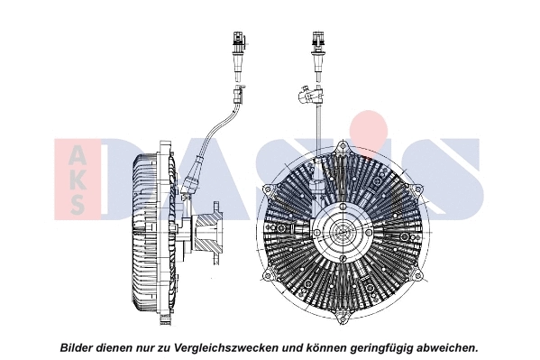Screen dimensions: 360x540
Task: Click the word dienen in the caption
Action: [121, 347]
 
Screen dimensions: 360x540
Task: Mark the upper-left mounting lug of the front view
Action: [269, 189]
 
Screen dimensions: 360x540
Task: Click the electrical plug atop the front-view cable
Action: [318, 41]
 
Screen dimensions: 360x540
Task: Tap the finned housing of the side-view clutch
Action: [144, 233]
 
